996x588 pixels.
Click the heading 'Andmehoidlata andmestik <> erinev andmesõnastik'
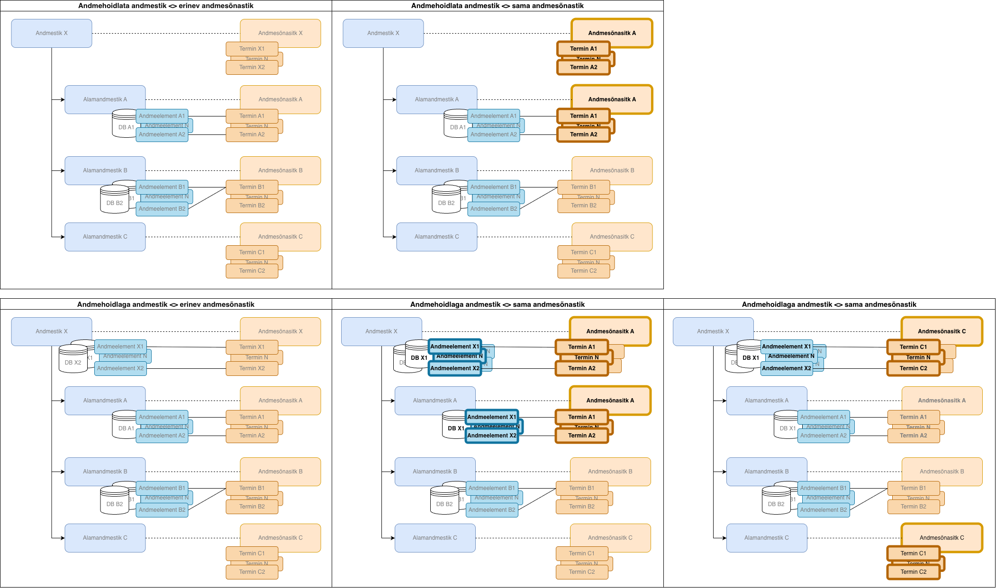coord(166,6)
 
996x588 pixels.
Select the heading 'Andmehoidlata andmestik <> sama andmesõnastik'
coord(498,6)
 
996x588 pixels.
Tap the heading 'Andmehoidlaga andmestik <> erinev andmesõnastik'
coord(166,304)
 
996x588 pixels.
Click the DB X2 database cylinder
coord(72,362)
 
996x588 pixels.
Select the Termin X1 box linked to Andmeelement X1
coord(252,347)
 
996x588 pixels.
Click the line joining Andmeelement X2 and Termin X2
coord(186,368)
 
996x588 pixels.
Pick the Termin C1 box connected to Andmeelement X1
coord(913,347)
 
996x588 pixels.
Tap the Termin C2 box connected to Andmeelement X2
coord(913,368)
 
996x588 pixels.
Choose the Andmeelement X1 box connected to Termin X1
coord(120,347)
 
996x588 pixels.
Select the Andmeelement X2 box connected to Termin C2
coord(787,368)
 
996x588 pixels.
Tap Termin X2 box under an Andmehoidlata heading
coord(252,67)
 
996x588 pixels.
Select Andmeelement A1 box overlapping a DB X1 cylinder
coord(824,417)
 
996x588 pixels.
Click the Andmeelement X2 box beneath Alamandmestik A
coord(491,436)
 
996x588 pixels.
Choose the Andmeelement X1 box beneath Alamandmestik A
coord(491,417)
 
